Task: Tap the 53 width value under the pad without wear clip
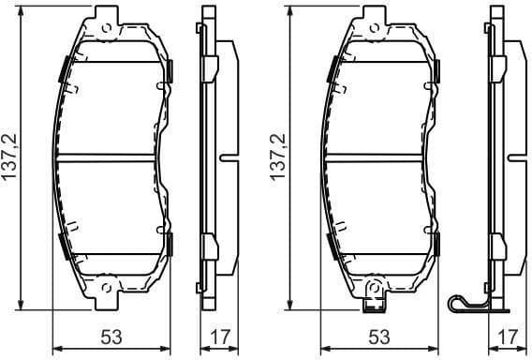coord(111,337)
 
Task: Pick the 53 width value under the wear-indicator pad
coord(378,337)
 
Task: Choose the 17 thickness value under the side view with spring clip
coord(507,337)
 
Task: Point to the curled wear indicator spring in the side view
coord(459,304)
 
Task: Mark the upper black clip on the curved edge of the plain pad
coord(63,67)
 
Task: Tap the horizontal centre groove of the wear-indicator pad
coord(378,157)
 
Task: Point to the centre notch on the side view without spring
coord(222,157)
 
